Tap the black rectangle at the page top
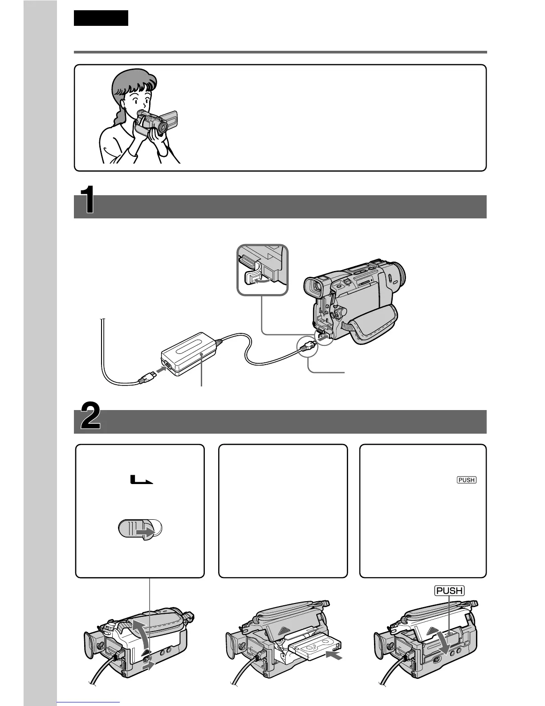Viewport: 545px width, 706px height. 101,18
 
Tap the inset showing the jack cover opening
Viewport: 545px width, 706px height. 263,270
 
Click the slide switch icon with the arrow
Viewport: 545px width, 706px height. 140,529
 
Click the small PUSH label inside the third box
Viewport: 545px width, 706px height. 466,480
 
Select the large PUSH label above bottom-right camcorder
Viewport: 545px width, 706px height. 449,591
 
